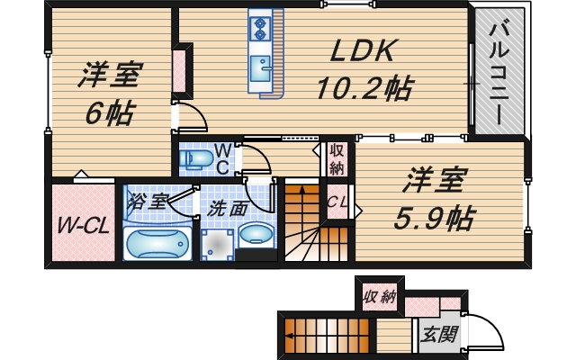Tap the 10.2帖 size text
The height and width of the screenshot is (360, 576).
click(x=364, y=88)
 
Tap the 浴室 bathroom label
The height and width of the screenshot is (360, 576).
click(x=147, y=200)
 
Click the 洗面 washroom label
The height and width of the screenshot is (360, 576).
click(x=228, y=208)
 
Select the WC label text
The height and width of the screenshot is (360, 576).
click(x=222, y=157)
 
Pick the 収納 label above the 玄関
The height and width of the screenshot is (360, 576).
click(x=380, y=296)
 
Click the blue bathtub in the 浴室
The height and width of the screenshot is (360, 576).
click(x=155, y=243)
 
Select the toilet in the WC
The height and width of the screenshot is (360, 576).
click(x=195, y=160)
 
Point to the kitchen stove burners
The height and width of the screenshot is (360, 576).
click(x=261, y=29)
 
